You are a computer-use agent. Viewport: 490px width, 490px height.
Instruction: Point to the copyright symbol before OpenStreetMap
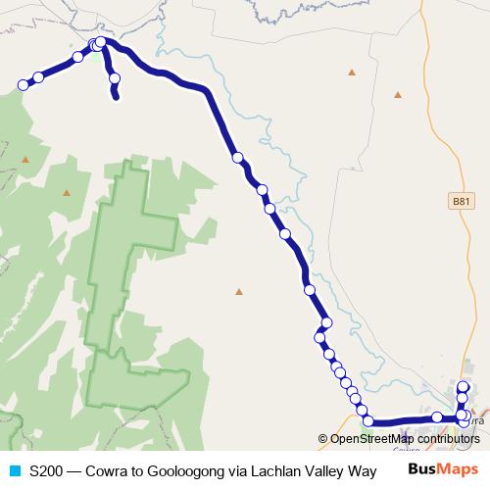(322, 438)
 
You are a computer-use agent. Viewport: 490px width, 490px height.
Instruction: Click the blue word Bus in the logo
(421, 469)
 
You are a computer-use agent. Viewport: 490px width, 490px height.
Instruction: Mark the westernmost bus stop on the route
(23, 85)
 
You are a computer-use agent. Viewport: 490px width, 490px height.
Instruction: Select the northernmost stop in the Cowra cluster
(464, 388)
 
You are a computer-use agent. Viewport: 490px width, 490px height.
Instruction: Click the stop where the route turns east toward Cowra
(368, 421)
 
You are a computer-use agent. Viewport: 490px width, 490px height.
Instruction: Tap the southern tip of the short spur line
(117, 97)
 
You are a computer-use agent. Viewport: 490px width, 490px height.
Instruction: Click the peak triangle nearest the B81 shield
(398, 95)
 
